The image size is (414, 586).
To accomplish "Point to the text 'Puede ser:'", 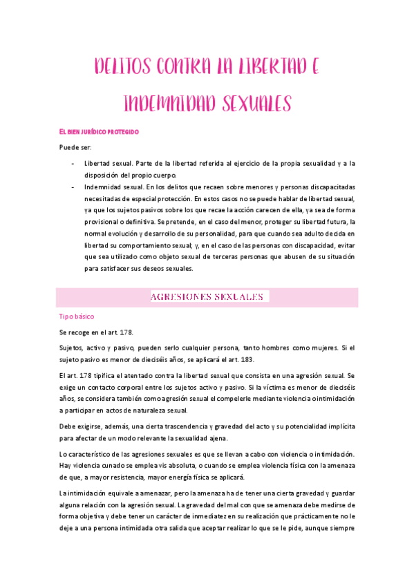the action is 74,147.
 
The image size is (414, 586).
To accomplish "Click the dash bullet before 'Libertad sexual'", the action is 74,164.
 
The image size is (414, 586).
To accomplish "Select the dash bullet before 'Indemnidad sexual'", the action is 74,187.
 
